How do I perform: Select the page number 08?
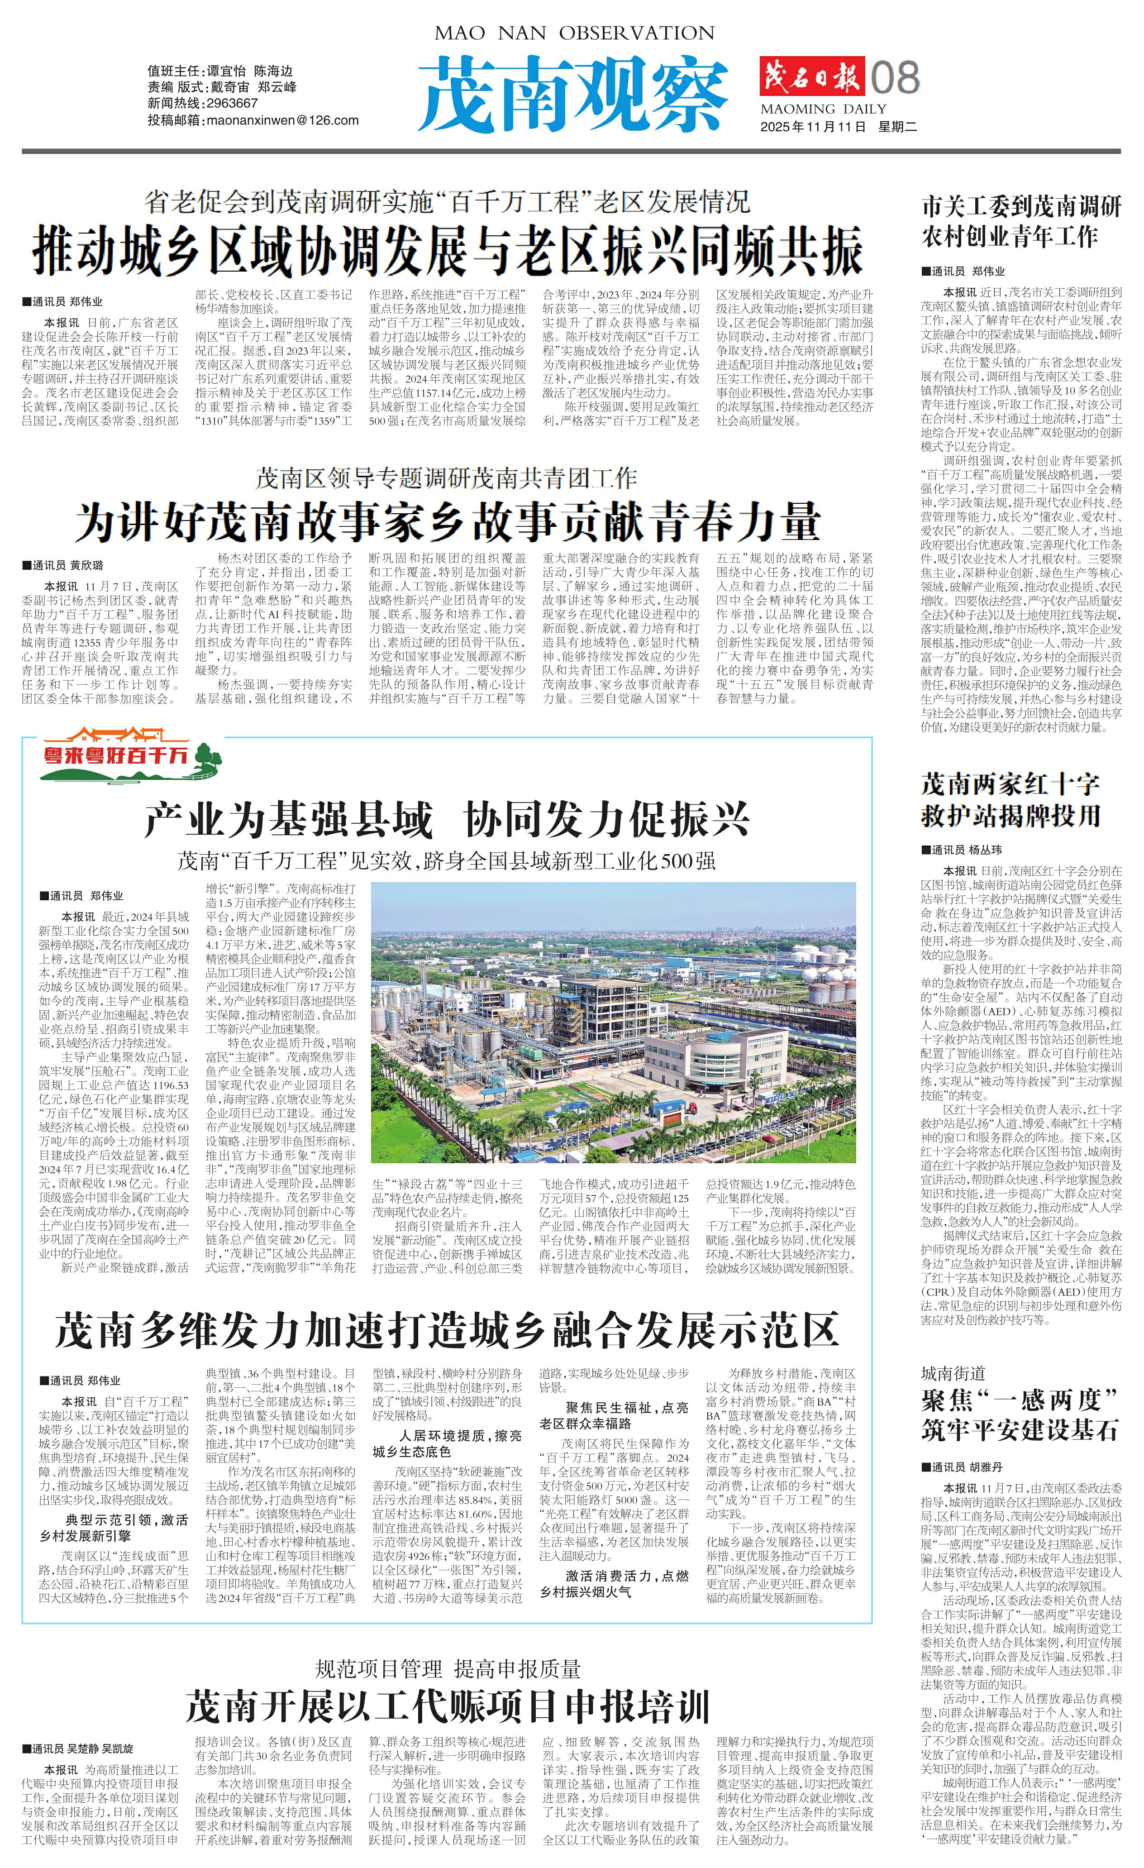coord(896,77)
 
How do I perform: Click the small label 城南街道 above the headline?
coord(953,1373)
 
